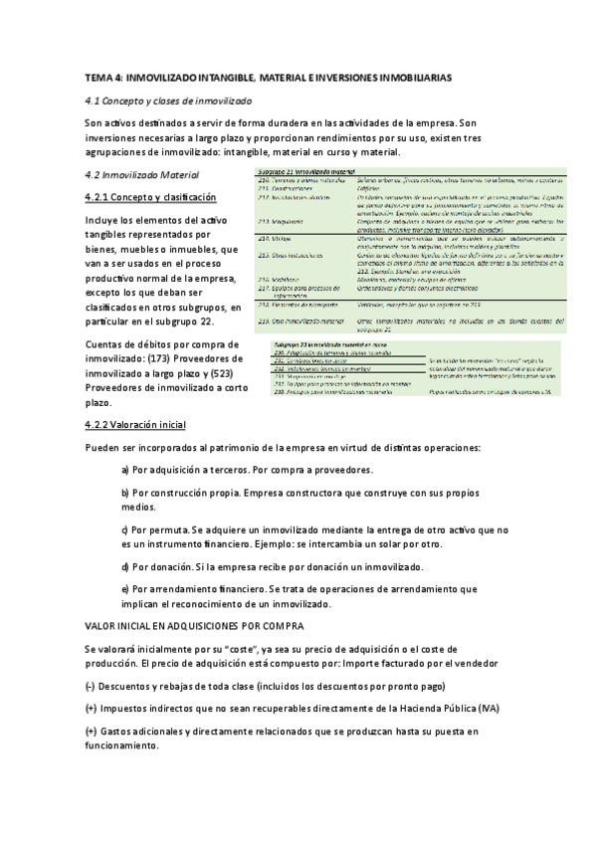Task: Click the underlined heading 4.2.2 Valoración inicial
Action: [x=135, y=425]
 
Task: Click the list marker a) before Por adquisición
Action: [x=125, y=470]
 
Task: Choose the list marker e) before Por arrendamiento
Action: [x=125, y=589]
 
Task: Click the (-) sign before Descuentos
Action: [x=91, y=687]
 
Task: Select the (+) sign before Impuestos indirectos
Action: [x=91, y=709]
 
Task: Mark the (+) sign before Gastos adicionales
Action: [x=91, y=732]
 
